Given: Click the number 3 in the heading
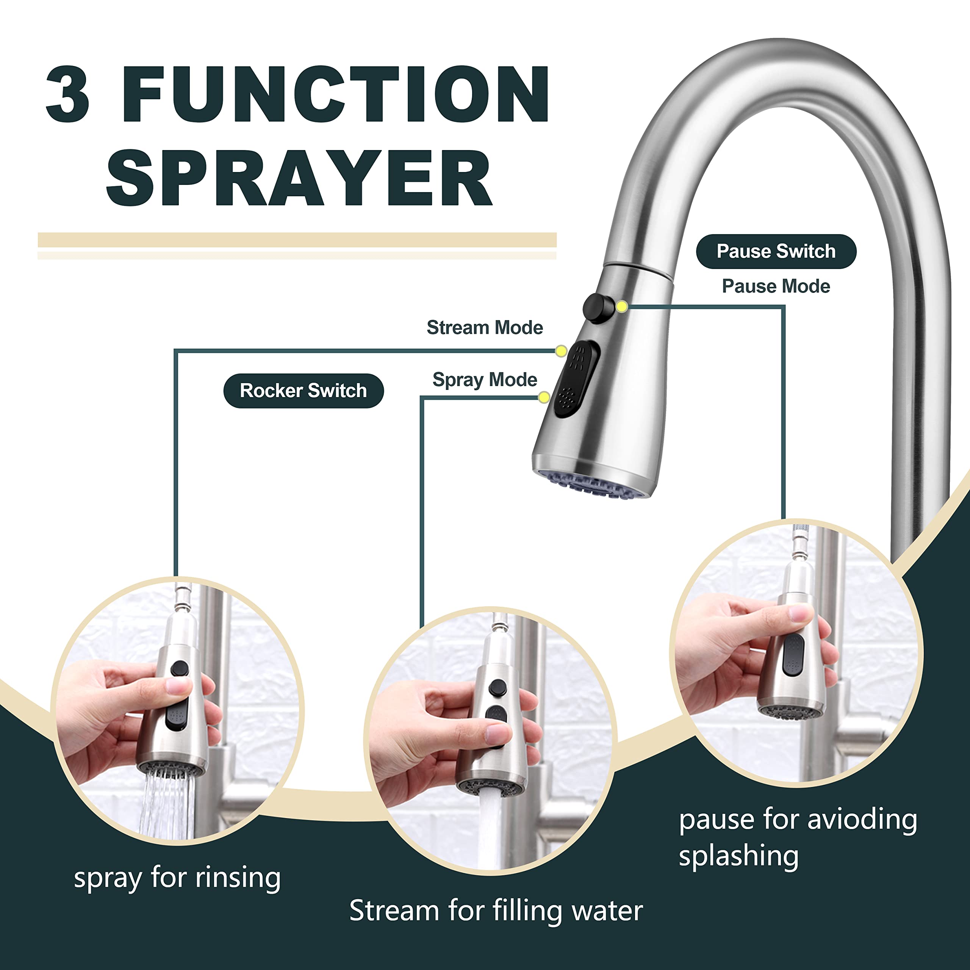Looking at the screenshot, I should [67, 94].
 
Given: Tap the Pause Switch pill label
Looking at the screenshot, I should [776, 251].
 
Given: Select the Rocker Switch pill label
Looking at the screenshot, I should [303, 391].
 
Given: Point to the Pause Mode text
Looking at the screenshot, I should [776, 286].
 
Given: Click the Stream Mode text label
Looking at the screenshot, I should [485, 327].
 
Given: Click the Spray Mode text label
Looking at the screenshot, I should [485, 380].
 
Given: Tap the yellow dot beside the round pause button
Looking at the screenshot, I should [621, 306].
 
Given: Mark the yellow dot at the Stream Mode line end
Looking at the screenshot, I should [561, 351].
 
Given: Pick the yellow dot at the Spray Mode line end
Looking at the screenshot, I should [544, 397].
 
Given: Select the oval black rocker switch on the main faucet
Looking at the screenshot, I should [576, 379].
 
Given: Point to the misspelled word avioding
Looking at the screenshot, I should [862, 819].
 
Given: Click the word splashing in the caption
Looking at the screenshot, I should [738, 856].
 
